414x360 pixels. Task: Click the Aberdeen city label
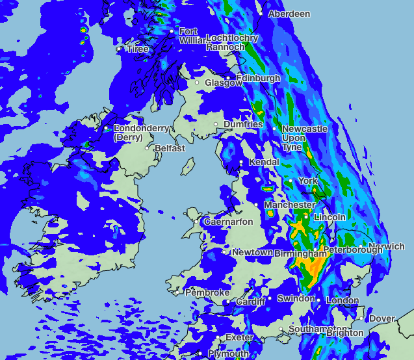point(289,14)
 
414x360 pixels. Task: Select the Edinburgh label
point(258,78)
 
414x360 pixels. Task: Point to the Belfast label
point(169,148)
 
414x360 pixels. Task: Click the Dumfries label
point(243,124)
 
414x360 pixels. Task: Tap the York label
point(307,181)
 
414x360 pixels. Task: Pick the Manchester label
point(289,205)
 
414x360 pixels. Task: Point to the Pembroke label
point(207,293)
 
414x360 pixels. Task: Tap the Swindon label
point(296,299)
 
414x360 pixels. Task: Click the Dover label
point(382,318)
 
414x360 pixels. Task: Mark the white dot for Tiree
point(118,49)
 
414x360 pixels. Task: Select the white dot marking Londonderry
point(107,129)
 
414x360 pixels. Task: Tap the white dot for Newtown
point(227,252)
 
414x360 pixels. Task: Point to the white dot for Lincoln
point(306,216)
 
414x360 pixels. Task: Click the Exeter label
point(239,338)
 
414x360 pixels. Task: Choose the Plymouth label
point(228,354)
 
